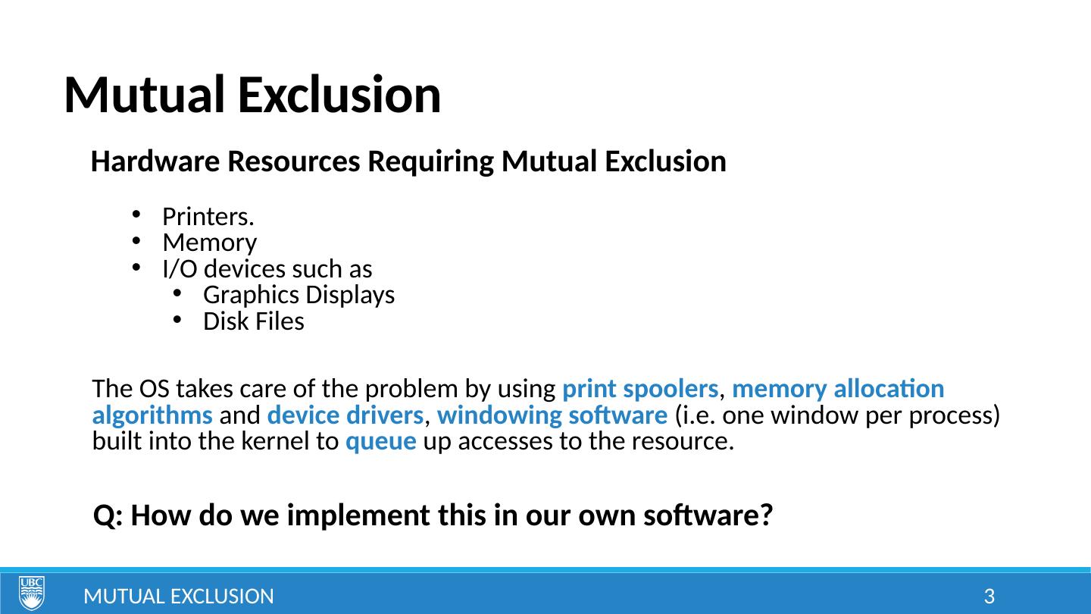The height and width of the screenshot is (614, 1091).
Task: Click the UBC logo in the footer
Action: click(32, 593)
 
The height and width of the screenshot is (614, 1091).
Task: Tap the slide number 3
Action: click(989, 597)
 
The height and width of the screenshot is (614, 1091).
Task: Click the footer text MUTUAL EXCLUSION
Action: click(179, 597)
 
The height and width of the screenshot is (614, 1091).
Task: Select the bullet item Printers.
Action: click(208, 216)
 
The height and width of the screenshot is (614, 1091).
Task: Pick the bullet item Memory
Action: click(209, 243)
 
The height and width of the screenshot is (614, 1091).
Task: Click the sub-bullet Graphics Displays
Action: click(299, 296)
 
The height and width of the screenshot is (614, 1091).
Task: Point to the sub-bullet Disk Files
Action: click(253, 321)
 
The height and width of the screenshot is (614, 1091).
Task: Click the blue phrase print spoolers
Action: click(640, 390)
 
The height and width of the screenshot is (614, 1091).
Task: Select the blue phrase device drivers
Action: click(345, 415)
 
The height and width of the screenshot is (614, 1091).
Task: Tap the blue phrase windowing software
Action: click(552, 415)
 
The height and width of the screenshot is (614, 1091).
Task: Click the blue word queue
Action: click(381, 442)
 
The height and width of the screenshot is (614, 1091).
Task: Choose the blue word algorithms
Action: click(152, 415)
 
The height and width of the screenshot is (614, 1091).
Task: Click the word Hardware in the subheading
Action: click(155, 161)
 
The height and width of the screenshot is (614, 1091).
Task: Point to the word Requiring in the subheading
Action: click(430, 162)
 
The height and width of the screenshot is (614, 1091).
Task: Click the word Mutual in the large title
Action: click(145, 95)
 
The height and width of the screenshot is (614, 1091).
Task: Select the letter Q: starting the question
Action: click(108, 515)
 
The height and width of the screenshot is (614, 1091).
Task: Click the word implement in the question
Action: click(358, 516)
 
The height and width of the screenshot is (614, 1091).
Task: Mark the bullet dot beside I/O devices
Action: click(136, 267)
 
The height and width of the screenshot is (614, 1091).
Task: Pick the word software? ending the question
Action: click(708, 515)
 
